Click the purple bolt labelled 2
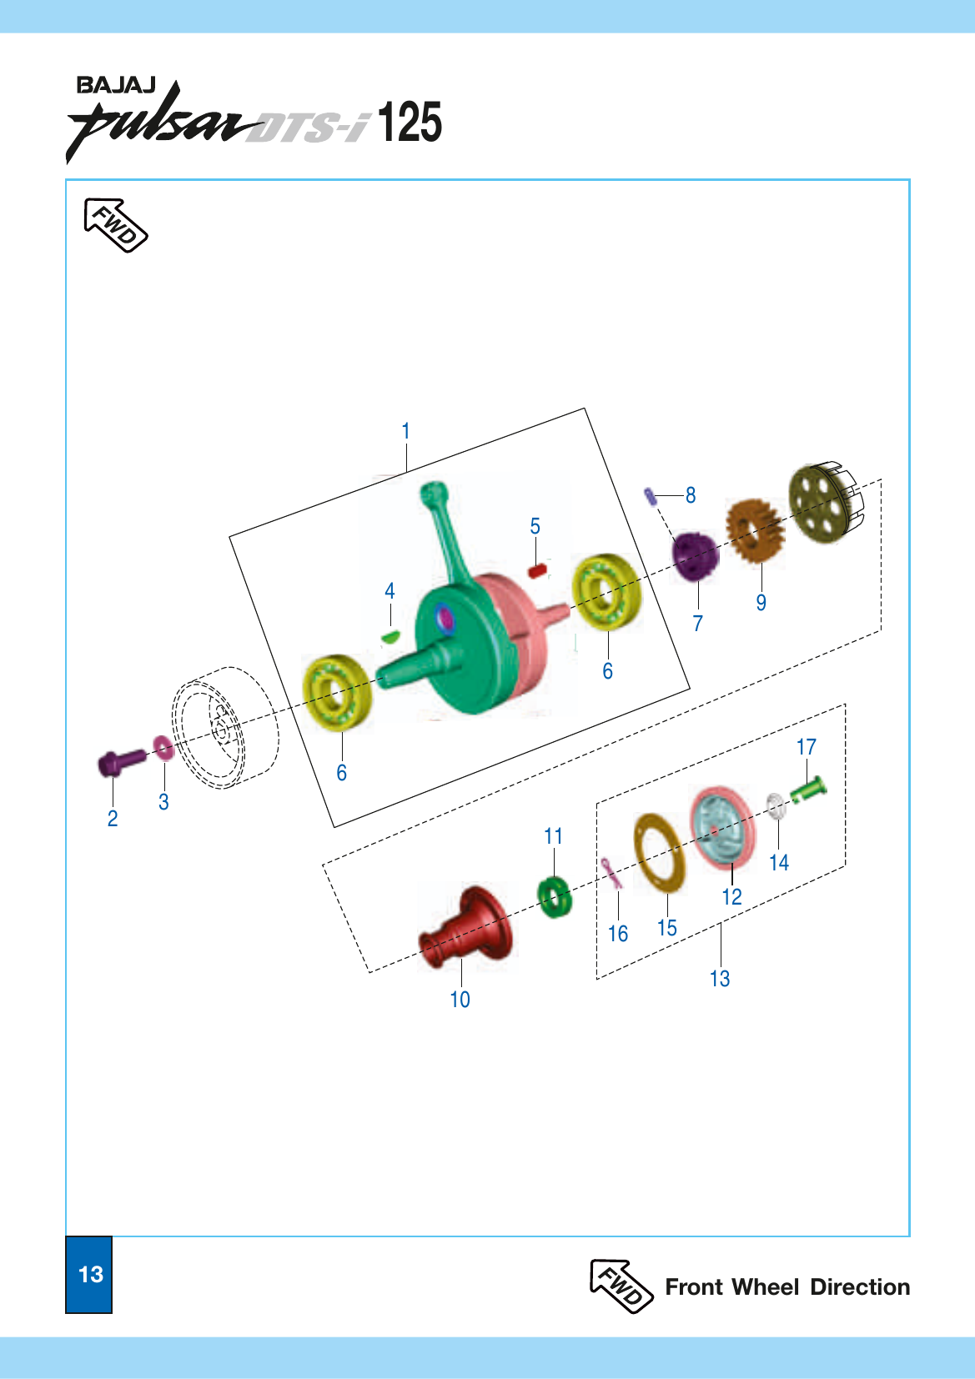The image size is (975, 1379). coord(121,761)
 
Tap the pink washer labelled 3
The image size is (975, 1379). coord(163,747)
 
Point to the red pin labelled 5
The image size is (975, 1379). coord(537,570)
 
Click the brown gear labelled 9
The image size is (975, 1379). coord(755,530)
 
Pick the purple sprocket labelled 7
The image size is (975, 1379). coord(696,558)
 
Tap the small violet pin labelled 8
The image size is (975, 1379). coord(651,496)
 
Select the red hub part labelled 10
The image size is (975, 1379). coord(465,928)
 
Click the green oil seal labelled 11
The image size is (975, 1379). coord(555,896)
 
